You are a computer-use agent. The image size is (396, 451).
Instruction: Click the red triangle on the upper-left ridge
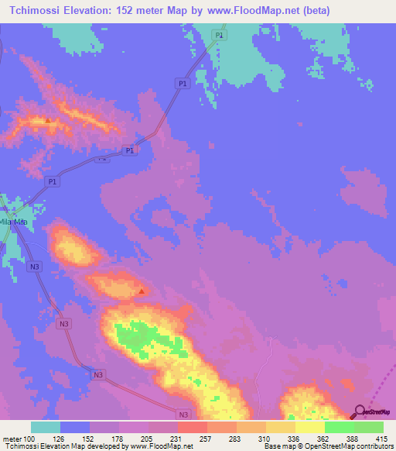(x=48, y=120)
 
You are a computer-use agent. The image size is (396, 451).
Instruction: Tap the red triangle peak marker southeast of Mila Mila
(x=142, y=291)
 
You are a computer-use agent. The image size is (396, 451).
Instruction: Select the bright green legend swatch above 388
(x=339, y=427)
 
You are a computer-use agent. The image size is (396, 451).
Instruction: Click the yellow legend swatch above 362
(x=309, y=427)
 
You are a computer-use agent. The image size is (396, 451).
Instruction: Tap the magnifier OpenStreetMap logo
(x=360, y=411)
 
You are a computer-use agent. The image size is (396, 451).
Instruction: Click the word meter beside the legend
(x=12, y=438)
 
